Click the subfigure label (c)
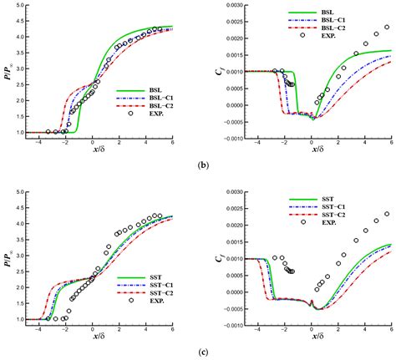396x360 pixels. point(197,353)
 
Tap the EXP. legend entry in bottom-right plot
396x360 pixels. point(317,223)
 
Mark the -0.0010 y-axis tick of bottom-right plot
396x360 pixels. point(221,334)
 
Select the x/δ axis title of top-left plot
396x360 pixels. point(93,150)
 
